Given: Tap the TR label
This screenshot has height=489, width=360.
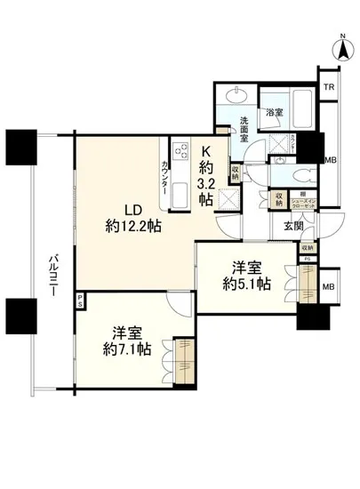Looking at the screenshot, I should coord(329,87).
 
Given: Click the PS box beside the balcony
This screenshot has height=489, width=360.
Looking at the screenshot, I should coord(80,300).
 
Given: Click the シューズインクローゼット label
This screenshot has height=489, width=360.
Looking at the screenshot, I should coord(300,203).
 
